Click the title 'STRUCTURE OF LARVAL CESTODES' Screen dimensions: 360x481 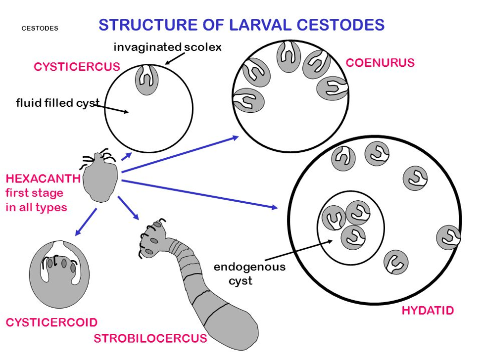tap(241, 25)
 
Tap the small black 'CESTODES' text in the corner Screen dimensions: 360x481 tap(40, 28)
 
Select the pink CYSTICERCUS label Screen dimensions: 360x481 tap(77, 67)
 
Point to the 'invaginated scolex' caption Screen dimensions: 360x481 tap(167, 47)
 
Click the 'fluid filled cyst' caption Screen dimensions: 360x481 tap(57, 103)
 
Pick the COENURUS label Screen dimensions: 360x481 tap(380, 63)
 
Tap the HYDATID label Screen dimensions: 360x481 tap(428, 311)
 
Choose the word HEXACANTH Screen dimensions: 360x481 tap(43, 179)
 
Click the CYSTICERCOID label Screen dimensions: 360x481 tap(51, 322)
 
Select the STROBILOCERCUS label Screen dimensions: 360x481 tap(150, 338)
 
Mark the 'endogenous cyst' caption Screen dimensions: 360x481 tap(249, 273)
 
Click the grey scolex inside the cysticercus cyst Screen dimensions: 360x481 tap(146, 80)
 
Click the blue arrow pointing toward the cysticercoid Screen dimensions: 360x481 tap(86, 222)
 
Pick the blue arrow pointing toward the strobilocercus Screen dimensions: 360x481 tap(128, 209)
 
